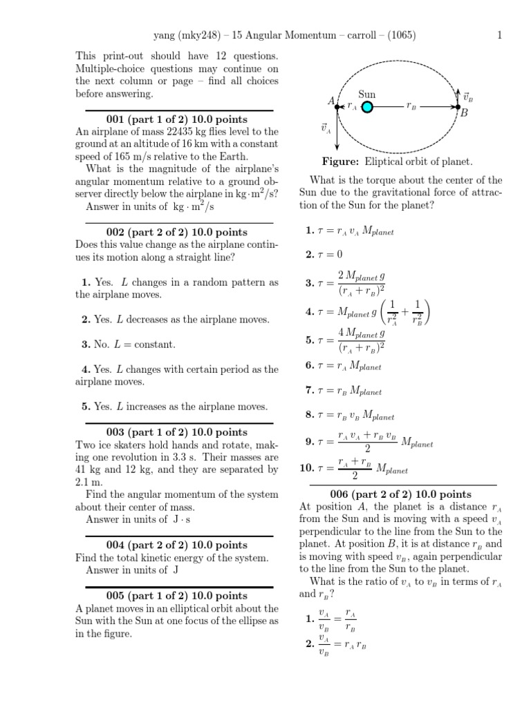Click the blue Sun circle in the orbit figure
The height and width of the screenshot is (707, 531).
click(x=367, y=106)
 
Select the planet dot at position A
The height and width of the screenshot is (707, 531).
click(x=337, y=106)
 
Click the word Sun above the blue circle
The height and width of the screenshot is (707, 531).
click(x=367, y=93)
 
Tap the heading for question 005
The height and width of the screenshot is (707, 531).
click(x=179, y=595)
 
